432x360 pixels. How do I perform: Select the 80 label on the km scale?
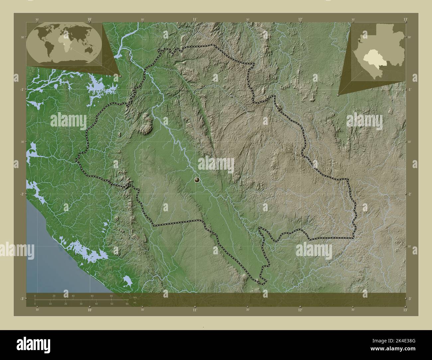tap(111, 296)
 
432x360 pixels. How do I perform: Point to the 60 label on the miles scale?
tap(127, 304)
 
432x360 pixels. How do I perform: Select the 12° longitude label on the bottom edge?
tap(300, 310)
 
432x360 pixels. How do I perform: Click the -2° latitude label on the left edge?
tap(22, 194)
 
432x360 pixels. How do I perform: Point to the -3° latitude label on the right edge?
tap(410, 299)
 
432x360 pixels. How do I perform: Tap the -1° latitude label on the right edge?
tap(410, 90)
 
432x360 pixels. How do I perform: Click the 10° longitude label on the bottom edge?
tap(89, 310)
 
